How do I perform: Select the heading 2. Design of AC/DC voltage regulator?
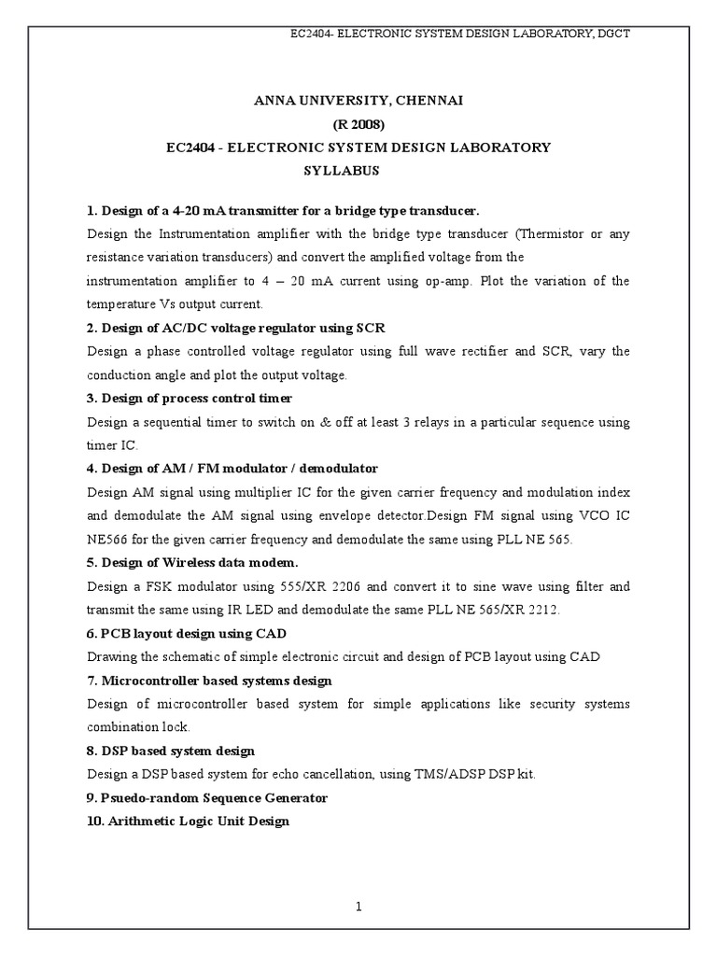(x=235, y=328)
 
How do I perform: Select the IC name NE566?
(x=106, y=539)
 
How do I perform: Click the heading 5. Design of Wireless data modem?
(x=192, y=562)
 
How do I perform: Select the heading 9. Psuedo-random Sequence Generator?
(x=207, y=797)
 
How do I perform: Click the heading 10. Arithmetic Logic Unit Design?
(x=188, y=821)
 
